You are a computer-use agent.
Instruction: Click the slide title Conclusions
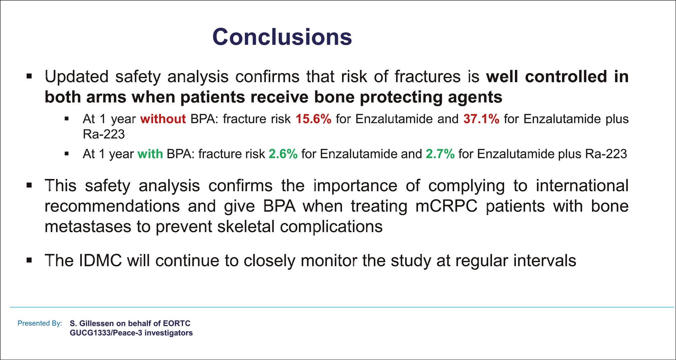pos(282,37)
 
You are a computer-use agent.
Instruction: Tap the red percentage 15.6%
pos(313,119)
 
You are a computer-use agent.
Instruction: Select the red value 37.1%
pos(481,119)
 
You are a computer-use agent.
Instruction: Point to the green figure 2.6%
pos(283,154)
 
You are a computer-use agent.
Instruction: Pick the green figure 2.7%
pos(440,154)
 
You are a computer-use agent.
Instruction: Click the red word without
pos(163,119)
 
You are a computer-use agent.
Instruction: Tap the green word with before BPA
pos(150,154)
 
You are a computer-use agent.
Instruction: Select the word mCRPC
pos(447,206)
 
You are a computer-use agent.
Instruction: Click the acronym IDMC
pos(100,261)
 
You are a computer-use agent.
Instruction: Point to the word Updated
pos(76,77)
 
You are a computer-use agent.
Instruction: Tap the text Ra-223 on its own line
pos(104,134)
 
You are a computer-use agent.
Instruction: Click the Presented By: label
pos(40,323)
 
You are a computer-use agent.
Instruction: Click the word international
pos(582,186)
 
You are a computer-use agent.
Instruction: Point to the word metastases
pos(88,227)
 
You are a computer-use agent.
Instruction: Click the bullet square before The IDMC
pos(29,260)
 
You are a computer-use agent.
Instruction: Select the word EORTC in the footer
pos(177,323)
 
